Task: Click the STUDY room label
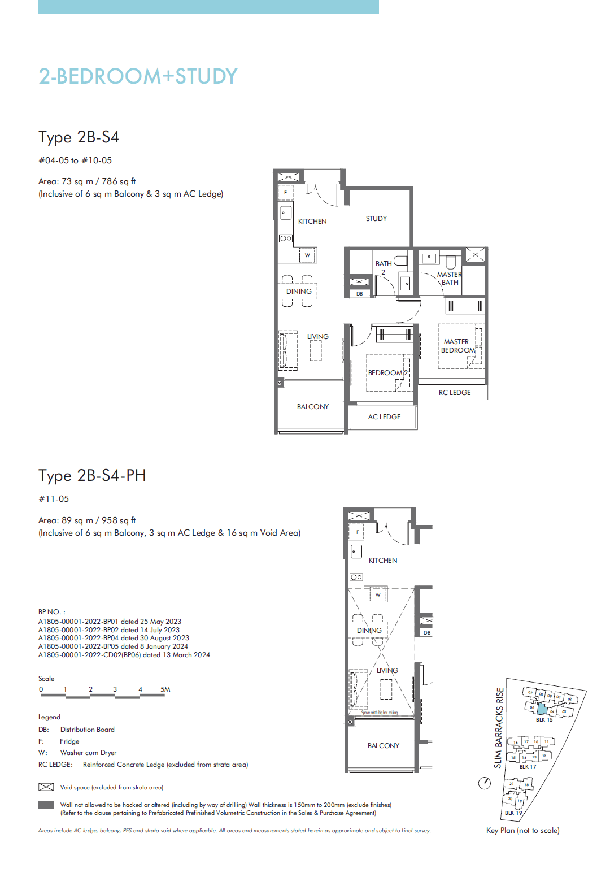376,219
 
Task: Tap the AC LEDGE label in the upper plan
384,417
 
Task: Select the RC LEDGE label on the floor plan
454,393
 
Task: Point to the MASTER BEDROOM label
457,346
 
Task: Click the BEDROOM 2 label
387,373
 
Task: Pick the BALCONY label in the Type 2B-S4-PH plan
383,746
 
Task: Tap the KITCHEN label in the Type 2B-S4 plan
312,222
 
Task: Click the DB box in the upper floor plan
359,294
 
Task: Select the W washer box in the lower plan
378,594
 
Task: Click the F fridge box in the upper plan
285,193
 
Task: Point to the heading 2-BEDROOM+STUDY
138,76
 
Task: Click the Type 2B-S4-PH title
92,476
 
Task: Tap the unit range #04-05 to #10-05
75,160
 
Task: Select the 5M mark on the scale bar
165,689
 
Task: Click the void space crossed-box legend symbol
46,787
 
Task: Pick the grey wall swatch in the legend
46,805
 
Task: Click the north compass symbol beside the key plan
485,783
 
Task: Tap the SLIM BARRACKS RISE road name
498,728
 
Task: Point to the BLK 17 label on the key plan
528,767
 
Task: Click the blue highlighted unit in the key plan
542,709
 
